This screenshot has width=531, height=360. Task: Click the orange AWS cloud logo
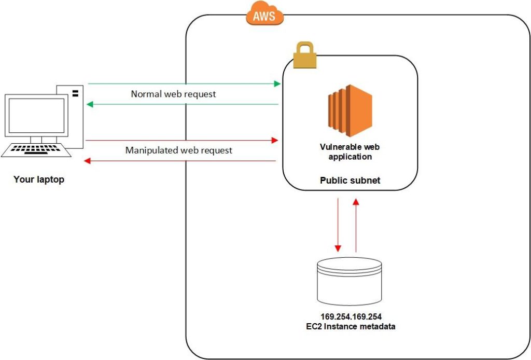[x=264, y=14]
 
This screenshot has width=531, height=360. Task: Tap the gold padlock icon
[x=305, y=55]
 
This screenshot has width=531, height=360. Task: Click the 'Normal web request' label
[x=173, y=94]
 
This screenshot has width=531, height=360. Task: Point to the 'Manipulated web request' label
[x=179, y=150]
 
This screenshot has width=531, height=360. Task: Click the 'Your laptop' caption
[x=39, y=179]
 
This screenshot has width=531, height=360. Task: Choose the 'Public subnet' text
[x=350, y=180]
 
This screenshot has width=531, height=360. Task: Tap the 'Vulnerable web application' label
[x=350, y=151]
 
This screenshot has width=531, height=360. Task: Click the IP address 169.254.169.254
[x=351, y=316]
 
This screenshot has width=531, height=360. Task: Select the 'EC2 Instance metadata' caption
[x=351, y=326]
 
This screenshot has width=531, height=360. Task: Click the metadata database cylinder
[x=350, y=281]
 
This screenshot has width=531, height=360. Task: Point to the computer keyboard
[x=36, y=150]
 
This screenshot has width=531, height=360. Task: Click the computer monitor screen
[x=37, y=116]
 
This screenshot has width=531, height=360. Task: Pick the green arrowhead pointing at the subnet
[x=277, y=84]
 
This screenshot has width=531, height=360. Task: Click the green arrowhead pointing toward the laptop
[x=90, y=104]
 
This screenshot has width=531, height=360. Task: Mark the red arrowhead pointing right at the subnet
[x=275, y=140]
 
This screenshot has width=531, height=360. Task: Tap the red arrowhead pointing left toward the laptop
[x=87, y=161]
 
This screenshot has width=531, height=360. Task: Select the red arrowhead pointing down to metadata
[x=338, y=248]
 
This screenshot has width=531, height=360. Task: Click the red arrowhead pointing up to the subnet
[x=356, y=202]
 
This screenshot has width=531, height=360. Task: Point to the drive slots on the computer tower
[x=76, y=93]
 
